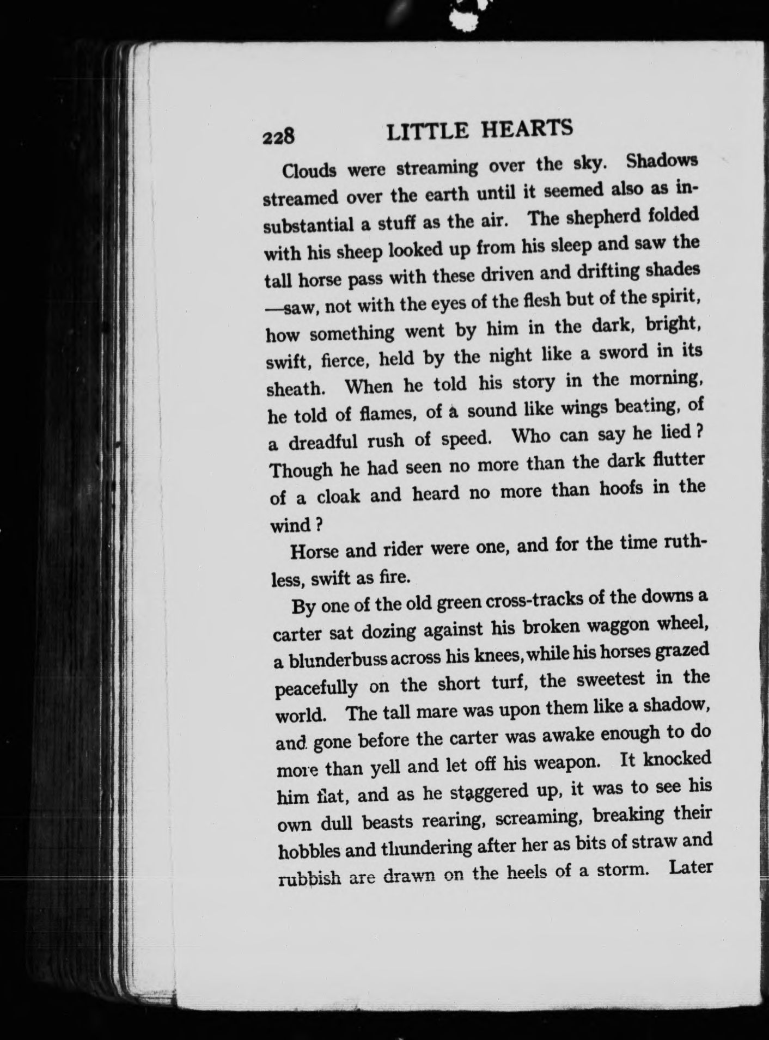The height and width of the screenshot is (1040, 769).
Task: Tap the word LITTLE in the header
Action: [x=427, y=131]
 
